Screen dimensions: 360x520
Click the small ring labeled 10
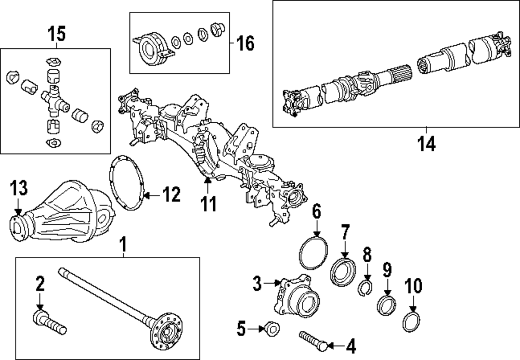point(411,322)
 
